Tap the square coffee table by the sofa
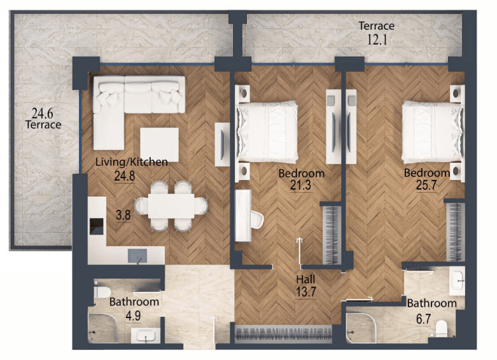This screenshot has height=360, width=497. point(160,145)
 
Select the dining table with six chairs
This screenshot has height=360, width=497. point(171,206)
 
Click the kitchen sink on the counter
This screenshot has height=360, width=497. point(137,256)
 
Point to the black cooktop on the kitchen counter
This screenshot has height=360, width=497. point(96,226)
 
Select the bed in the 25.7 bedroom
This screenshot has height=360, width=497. point(431,132)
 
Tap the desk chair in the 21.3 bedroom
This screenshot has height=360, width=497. point(257,219)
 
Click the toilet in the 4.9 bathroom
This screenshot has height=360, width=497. point(102,292)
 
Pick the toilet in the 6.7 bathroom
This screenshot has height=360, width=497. point(441,328)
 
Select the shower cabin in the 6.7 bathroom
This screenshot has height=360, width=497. point(361,328)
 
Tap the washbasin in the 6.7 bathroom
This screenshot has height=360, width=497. point(457,281)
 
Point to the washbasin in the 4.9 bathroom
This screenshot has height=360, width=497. point(146,336)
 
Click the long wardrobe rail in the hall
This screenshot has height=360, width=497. point(283,334)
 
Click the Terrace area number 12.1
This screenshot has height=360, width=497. point(377,40)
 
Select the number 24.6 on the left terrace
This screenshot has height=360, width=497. point(42,113)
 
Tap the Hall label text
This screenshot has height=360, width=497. point(305,279)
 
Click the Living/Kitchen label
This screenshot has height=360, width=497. point(132,162)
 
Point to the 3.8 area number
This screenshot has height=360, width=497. point(123,215)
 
